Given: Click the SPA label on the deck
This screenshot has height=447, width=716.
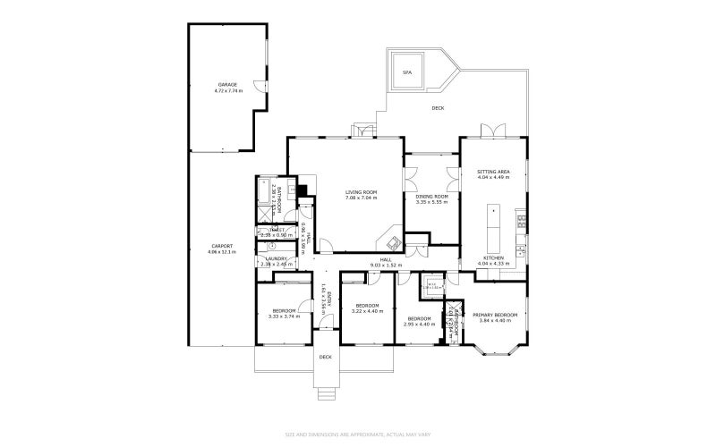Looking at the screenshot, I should click(407, 72).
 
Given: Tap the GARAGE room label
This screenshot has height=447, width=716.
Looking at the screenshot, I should click(227, 85).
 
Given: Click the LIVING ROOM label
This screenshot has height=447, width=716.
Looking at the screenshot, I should click(362, 192).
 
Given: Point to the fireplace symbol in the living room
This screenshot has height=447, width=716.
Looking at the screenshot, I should click(391, 240).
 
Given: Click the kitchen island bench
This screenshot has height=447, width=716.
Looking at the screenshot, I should click(492, 230).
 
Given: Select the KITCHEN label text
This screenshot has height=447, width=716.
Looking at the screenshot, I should click(493, 258).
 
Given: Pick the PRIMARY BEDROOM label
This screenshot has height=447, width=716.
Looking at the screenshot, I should click(495, 315).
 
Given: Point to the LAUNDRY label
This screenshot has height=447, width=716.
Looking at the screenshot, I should click(275, 258).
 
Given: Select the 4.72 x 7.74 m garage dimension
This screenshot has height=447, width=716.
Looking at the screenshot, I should click(227, 91).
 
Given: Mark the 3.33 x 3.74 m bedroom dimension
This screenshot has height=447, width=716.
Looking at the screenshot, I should click(284, 316).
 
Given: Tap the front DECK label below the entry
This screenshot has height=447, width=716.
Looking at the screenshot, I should click(326, 357).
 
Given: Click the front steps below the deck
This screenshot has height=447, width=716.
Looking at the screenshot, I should click(327, 391).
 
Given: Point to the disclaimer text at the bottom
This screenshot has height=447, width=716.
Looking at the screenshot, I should click(358, 435).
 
